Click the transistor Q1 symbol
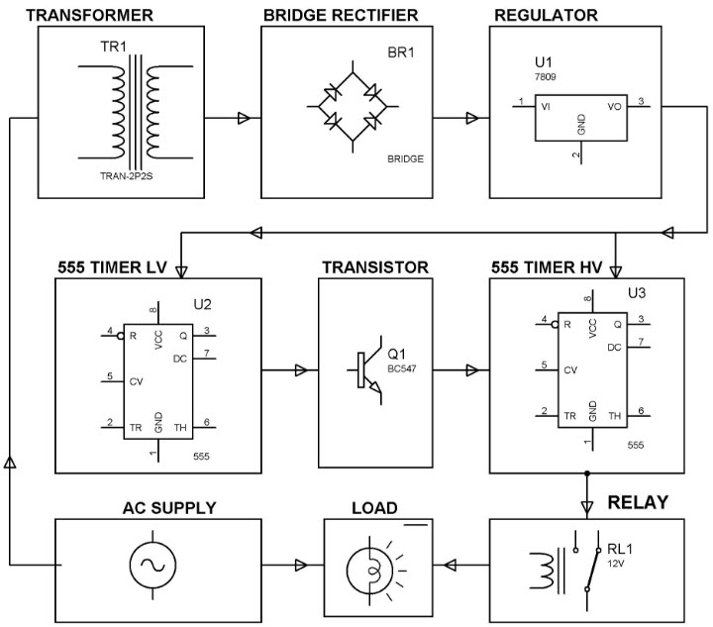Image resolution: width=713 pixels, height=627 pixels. coord(367,371)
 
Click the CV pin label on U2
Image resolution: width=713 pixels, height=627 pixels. coord(134,380)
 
